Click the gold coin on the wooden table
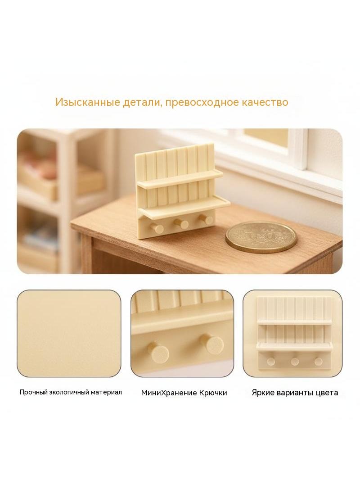tap(261, 237)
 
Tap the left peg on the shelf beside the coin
tap(158, 228)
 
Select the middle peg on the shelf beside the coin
tap(183, 224)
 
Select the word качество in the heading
tap(265, 102)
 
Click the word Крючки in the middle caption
tap(213, 393)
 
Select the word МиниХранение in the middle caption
tap(169, 393)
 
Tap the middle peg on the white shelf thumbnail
tap(295, 362)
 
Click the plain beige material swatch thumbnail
tap(69, 333)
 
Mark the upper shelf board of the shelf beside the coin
tap(180, 179)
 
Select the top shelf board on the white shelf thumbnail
tap(294, 322)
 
